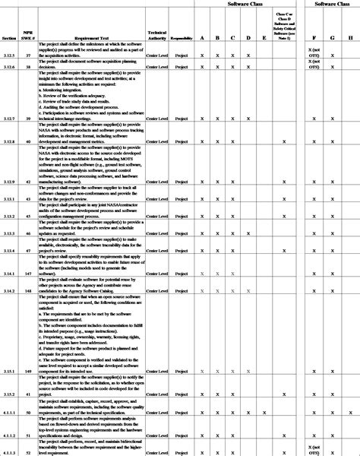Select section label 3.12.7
9,119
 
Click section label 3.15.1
9,371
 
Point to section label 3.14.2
9,291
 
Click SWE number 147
29,273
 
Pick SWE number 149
29,371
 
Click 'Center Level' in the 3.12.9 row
157,182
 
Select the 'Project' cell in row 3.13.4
181,250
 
